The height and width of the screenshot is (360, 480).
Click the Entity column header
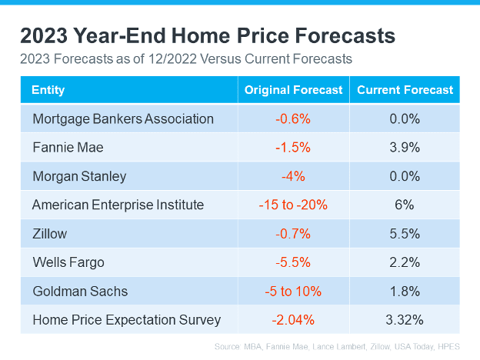pyautogui.click(x=48, y=90)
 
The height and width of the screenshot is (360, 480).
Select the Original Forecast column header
pyautogui.click(x=293, y=90)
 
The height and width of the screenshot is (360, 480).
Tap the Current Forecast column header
pyautogui.click(x=405, y=90)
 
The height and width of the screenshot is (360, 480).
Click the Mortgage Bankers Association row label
pyautogui.click(x=123, y=119)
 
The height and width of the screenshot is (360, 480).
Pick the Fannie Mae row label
pyautogui.click(x=68, y=148)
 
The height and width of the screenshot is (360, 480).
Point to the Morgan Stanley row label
pyautogui.click(x=79, y=176)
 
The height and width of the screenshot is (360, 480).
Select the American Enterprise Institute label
pyautogui.click(x=118, y=205)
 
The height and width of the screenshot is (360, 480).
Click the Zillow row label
pyautogui.click(x=49, y=234)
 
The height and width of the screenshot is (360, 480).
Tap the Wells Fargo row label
pyautogui.click(x=68, y=262)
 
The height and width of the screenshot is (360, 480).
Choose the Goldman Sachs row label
pyautogui.click(x=80, y=291)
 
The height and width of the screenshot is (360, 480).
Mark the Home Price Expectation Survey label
pyautogui.click(x=126, y=320)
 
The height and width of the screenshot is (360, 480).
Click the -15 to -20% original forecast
pyautogui.click(x=293, y=205)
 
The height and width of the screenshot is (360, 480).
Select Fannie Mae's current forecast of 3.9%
pyautogui.click(x=405, y=148)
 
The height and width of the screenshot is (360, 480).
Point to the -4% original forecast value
pyautogui.click(x=293, y=176)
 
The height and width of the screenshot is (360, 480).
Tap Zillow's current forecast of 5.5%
pyautogui.click(x=405, y=234)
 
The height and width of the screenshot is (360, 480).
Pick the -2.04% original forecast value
pyautogui.click(x=293, y=320)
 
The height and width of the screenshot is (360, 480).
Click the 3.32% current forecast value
pyautogui.click(x=405, y=320)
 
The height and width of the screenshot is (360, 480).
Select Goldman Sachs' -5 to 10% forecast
pyautogui.click(x=293, y=291)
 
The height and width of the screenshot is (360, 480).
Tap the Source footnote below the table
pyautogui.click(x=337, y=346)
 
